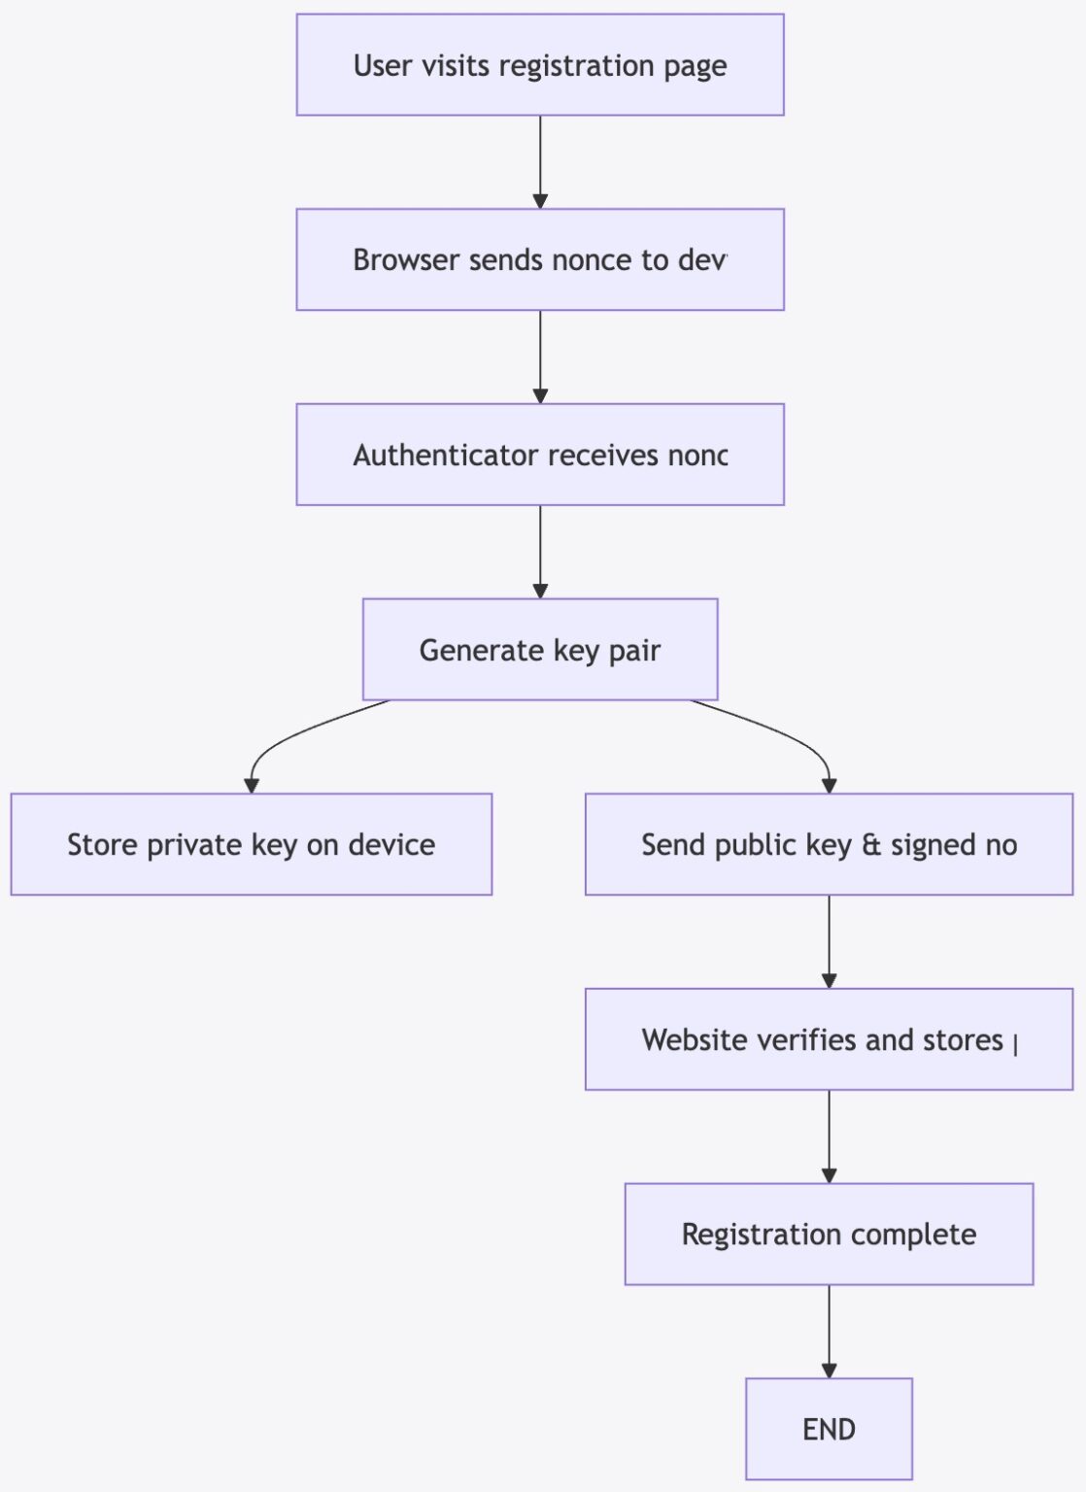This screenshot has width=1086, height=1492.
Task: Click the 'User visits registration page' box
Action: pos(540,65)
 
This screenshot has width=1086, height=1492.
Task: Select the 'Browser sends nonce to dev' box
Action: pos(540,259)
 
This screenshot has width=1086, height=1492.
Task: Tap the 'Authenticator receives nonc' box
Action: pos(540,455)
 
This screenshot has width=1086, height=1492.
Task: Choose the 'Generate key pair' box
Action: pos(540,649)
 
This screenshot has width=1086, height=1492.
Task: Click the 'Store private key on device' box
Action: pos(251,844)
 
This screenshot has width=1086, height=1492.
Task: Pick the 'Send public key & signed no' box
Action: pos(829,844)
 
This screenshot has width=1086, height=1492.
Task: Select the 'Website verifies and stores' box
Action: pos(829,1039)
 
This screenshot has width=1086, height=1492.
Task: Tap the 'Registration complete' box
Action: pos(829,1234)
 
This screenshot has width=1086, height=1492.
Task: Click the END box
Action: pos(829,1429)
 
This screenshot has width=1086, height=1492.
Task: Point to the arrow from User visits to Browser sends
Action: pos(540,160)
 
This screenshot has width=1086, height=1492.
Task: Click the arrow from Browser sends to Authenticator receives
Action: pos(540,356)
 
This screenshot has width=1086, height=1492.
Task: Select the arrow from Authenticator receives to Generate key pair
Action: pos(540,551)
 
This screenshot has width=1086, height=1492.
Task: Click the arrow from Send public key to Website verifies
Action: pos(829,940)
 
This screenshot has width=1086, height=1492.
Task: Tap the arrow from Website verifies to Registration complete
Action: pos(829,1136)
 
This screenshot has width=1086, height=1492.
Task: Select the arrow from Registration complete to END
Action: pos(829,1330)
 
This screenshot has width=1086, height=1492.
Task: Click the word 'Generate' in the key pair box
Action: pos(481,650)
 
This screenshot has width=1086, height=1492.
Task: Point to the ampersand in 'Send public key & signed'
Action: pos(871,844)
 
